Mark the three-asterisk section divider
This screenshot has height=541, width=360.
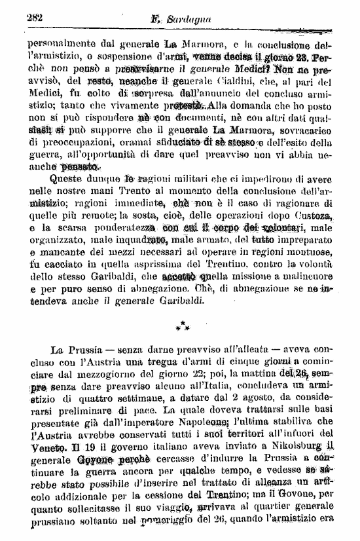180,325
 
